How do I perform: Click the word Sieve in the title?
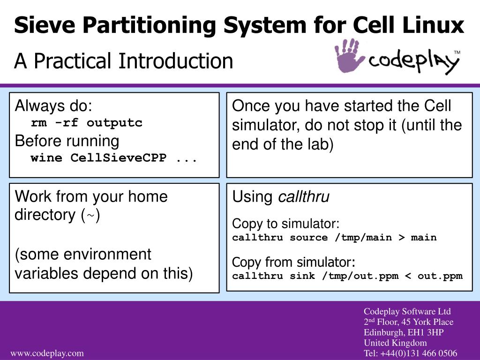(x=45, y=25)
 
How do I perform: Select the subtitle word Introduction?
(x=176, y=60)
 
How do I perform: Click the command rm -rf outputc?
(x=87, y=123)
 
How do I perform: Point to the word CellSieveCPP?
(x=119, y=158)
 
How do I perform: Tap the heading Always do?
(x=53, y=105)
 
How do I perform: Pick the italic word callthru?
(x=304, y=197)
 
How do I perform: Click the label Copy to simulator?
(x=285, y=224)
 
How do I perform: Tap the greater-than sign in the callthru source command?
(x=402, y=238)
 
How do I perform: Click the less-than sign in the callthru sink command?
(x=408, y=276)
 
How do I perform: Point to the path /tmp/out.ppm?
(x=360, y=276)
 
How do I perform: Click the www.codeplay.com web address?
(x=47, y=353)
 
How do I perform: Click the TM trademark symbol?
(x=457, y=52)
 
